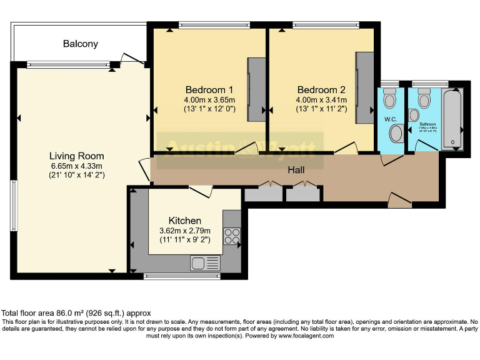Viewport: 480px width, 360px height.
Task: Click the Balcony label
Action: pyautogui.click(x=80, y=44)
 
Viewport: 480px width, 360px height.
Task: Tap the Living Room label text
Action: pyautogui.click(x=77, y=156)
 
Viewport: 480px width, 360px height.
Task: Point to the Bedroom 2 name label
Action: pyautogui.click(x=321, y=89)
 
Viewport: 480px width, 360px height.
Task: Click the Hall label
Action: pyautogui.click(x=296, y=169)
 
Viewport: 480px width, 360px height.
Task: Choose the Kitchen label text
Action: pyautogui.click(x=185, y=221)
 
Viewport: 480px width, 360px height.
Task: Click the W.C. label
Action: pyautogui.click(x=391, y=119)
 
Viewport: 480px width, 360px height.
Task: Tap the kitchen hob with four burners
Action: pyautogui.click(x=232, y=236)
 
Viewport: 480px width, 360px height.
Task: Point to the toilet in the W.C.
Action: pyautogui.click(x=390, y=99)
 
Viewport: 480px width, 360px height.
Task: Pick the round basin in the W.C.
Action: pyautogui.click(x=396, y=133)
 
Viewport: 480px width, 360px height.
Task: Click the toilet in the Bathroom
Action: pyautogui.click(x=424, y=99)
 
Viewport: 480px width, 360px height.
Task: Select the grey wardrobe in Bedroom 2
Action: pyautogui.click(x=365, y=87)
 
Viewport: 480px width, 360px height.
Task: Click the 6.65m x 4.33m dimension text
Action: pyautogui.click(x=77, y=166)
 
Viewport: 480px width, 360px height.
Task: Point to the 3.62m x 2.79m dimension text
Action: pyautogui.click(x=185, y=231)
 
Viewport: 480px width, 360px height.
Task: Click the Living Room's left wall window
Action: pyautogui.click(x=13, y=206)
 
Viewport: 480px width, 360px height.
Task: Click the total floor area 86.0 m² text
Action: pyautogui.click(x=76, y=312)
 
